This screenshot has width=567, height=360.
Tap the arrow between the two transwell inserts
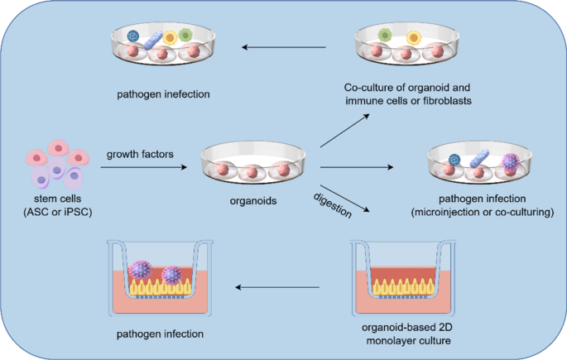(x=278, y=288)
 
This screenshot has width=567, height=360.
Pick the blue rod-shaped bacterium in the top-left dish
(x=155, y=38)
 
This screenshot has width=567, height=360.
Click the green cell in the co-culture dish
(x=384, y=35)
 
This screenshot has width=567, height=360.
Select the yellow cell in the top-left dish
(x=170, y=36)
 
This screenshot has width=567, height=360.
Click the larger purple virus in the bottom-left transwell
(x=141, y=271)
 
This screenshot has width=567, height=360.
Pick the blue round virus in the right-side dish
(x=454, y=160)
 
